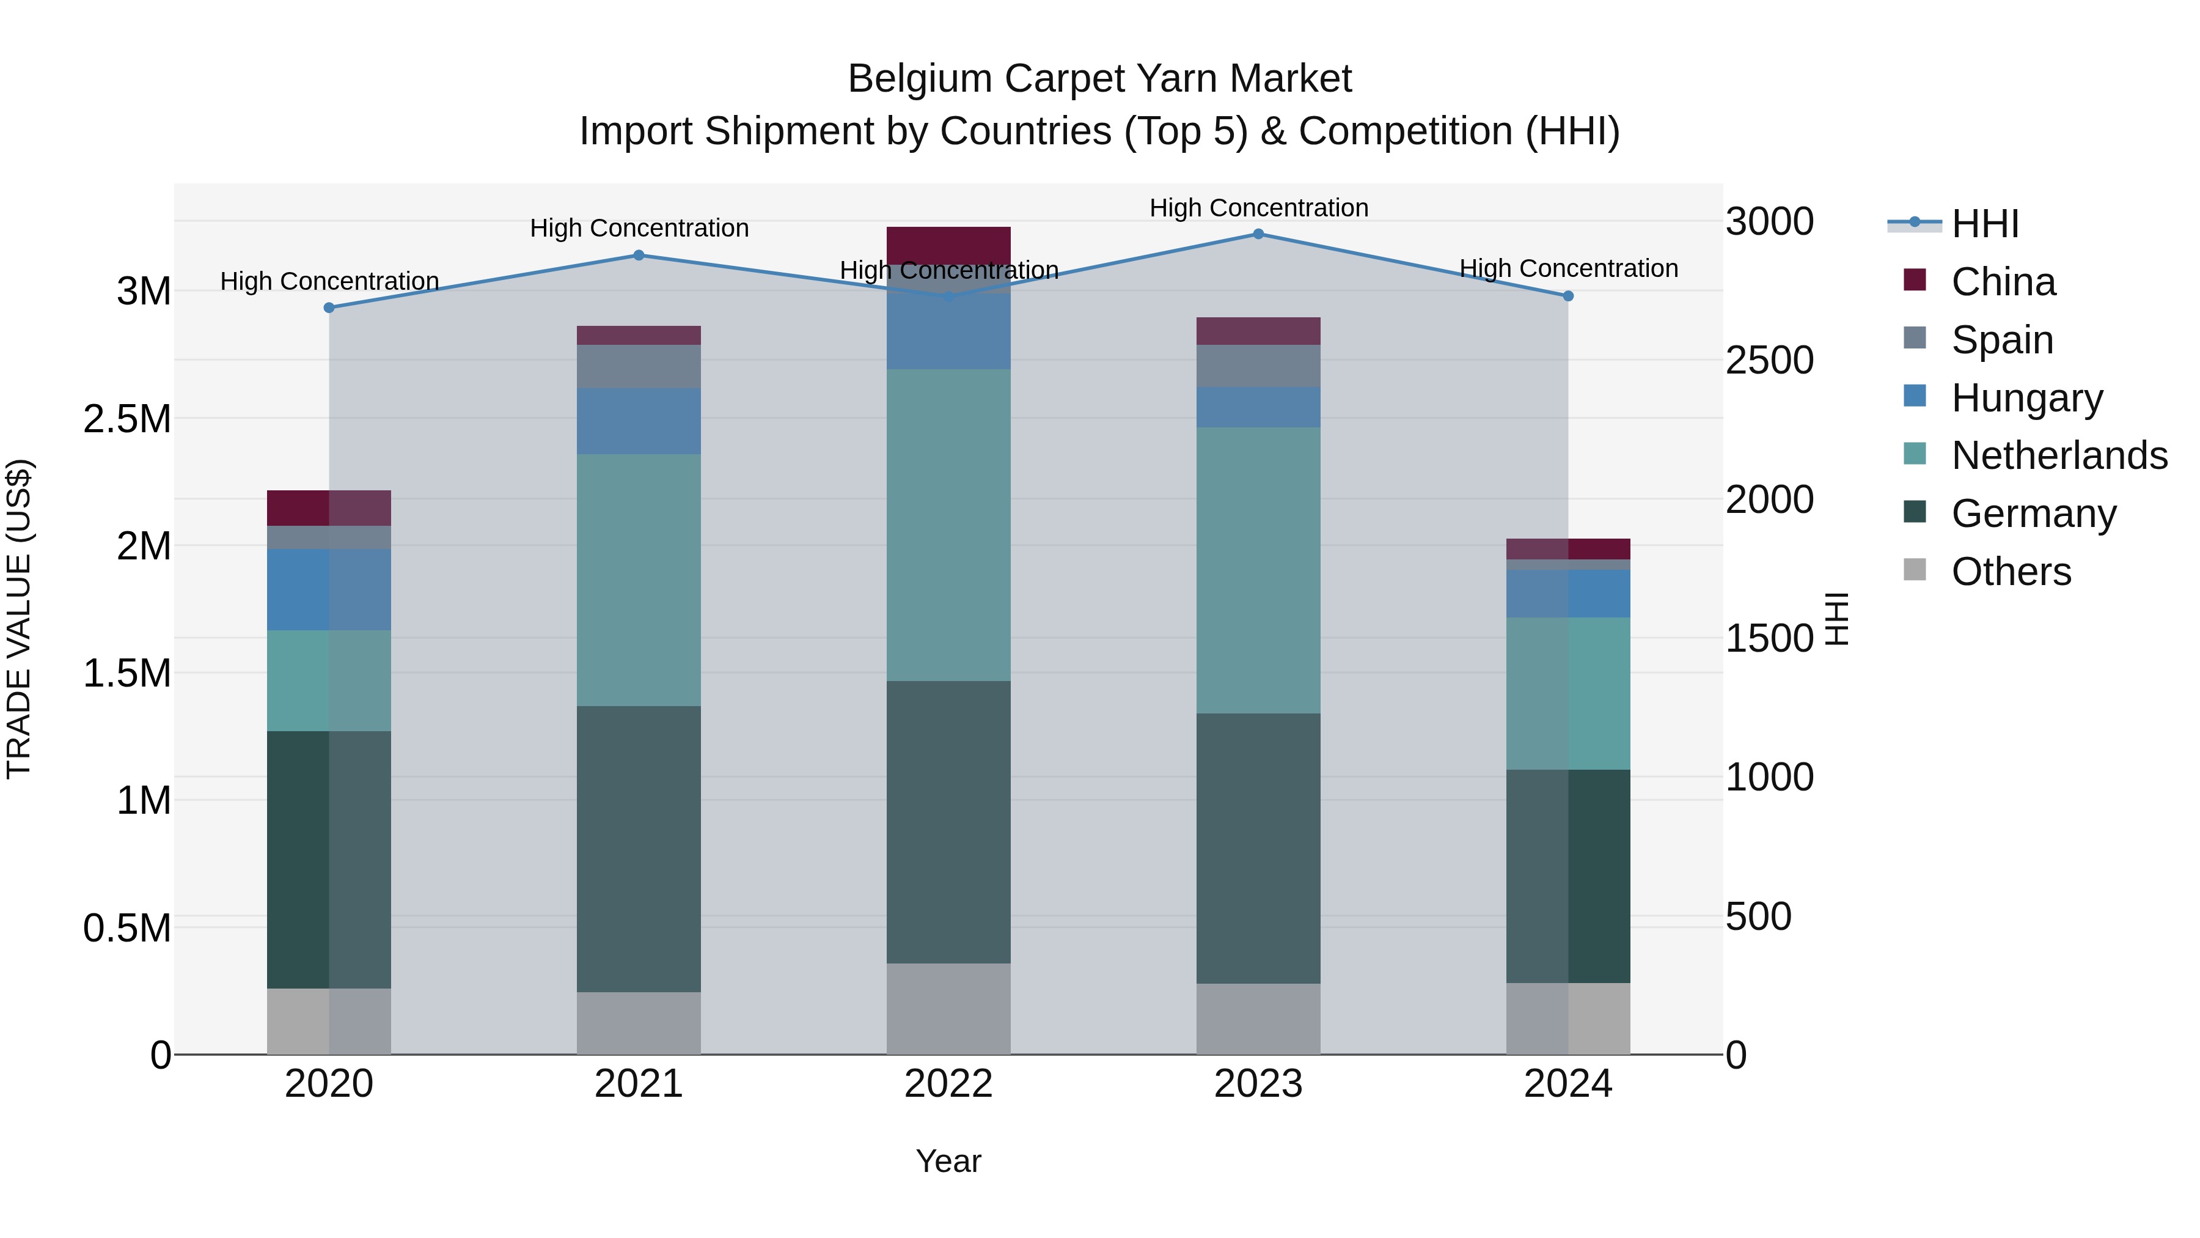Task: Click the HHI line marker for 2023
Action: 1258,234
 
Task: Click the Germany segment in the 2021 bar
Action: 639,849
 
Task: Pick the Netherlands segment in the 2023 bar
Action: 1258,570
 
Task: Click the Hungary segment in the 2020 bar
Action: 329,589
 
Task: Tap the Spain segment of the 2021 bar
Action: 639,367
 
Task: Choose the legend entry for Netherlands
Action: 2058,455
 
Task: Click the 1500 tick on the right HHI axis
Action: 1769,639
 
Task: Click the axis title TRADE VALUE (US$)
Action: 19,619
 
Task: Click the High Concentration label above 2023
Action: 1258,208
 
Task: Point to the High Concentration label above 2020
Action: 329,281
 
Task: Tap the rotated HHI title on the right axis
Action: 1836,619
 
